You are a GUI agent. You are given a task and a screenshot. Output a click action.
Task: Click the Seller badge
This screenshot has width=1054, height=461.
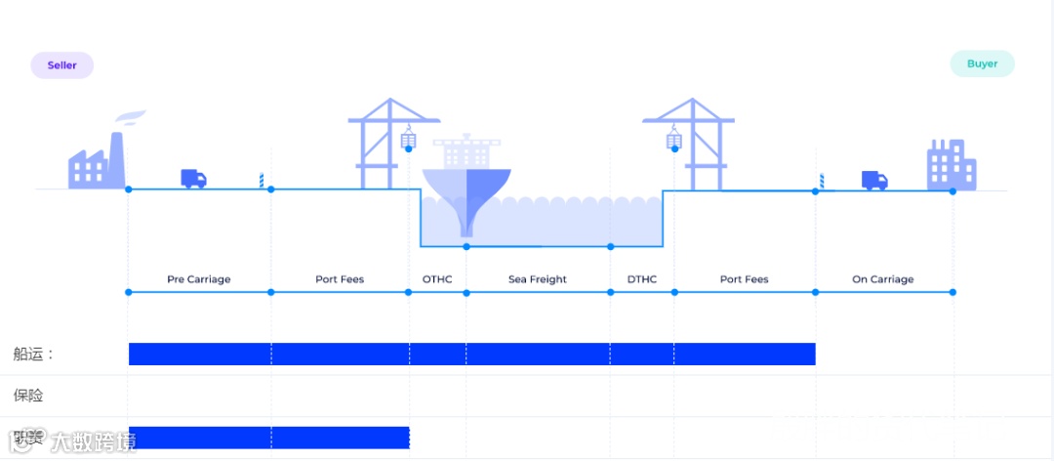[x=61, y=65]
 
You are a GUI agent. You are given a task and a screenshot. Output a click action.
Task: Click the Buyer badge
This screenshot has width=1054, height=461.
[x=982, y=64]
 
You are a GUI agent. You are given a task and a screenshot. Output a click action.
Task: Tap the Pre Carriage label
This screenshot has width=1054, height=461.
[x=199, y=279]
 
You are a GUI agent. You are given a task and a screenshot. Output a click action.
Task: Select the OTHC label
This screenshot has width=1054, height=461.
[x=437, y=279]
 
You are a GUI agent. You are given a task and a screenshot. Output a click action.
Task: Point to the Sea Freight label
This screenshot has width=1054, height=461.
[x=538, y=279]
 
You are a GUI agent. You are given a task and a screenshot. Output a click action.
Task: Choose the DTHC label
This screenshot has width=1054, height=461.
[x=642, y=279]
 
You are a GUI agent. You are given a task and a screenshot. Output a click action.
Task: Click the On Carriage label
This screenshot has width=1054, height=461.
[x=882, y=279]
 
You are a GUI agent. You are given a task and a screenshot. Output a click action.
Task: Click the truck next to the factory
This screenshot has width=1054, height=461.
[x=193, y=179]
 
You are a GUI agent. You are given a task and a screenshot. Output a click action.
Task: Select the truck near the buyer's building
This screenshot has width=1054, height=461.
[x=874, y=181]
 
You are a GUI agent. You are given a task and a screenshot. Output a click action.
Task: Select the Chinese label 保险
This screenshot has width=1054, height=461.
[x=28, y=396]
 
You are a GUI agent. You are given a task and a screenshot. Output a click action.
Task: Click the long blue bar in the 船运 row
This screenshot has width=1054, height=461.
[x=471, y=354]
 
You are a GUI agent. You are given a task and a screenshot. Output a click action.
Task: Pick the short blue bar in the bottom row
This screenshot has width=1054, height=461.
[x=268, y=438]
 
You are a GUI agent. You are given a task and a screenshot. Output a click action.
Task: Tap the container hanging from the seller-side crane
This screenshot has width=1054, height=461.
[x=409, y=142]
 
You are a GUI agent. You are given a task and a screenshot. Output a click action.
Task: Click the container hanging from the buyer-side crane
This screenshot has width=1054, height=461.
[x=673, y=141]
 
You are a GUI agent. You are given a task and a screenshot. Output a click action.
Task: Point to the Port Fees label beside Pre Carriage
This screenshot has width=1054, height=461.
[x=340, y=279]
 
